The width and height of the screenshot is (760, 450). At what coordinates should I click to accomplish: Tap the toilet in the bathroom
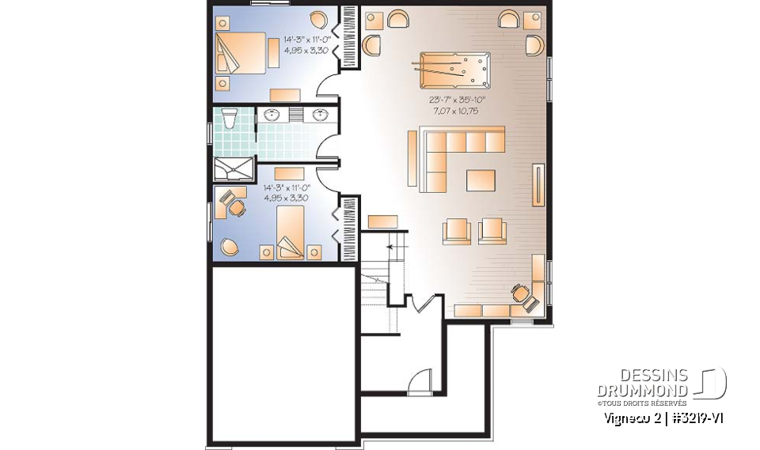click(229, 119)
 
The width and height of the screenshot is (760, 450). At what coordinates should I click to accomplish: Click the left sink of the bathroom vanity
click(273, 115)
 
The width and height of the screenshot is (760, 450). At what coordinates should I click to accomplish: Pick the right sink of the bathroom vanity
click(321, 115)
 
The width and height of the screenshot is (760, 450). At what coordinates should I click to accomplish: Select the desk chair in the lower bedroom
click(236, 208)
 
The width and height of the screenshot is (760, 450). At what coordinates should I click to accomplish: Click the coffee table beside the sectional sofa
click(481, 180)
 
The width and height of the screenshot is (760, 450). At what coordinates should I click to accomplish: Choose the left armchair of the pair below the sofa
click(456, 230)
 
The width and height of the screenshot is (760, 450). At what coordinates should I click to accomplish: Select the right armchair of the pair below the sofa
click(492, 230)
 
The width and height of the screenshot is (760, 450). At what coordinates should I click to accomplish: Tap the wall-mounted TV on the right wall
click(540, 184)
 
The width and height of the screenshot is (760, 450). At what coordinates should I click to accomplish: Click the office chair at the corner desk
click(522, 294)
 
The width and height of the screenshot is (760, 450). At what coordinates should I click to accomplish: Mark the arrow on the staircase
click(389, 248)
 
